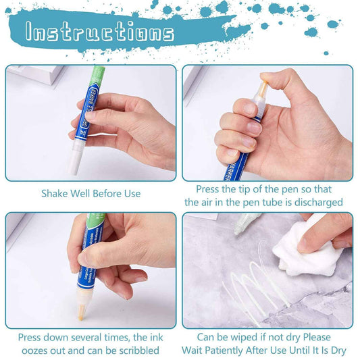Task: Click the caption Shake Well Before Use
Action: (91, 193)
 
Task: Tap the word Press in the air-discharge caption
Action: (209, 190)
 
